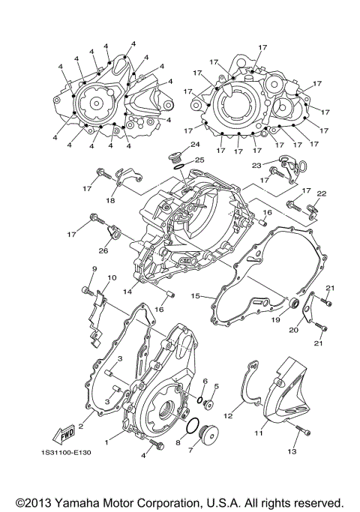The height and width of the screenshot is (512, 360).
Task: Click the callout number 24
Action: click(x=195, y=144)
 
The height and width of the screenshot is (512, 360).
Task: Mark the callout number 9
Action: click(x=95, y=268)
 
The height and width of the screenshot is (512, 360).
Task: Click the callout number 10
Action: click(x=112, y=278)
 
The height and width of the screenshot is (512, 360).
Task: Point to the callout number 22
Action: click(x=321, y=193)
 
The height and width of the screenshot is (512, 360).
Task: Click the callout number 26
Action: click(x=103, y=250)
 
